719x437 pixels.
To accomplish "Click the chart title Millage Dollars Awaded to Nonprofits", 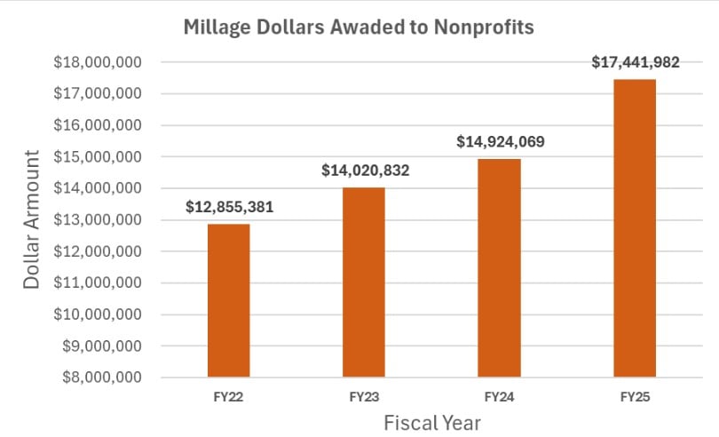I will point(359,28).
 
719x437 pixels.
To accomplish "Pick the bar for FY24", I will point(500,267).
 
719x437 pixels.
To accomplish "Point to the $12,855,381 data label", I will point(229,208).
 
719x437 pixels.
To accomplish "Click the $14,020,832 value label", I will point(365,171).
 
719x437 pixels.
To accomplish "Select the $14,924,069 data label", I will point(500,141).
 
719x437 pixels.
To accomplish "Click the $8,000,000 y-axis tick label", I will point(98,377).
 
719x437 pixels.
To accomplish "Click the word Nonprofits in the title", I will point(486,28).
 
